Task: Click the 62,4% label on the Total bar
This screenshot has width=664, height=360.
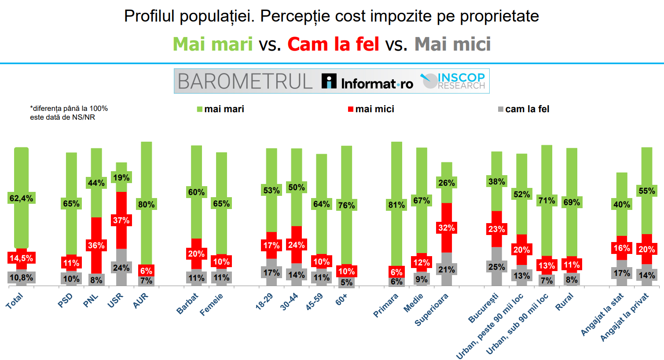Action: [x=21, y=198]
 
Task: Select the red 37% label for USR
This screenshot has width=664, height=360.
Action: [x=121, y=220]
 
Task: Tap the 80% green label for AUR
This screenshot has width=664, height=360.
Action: [x=146, y=204]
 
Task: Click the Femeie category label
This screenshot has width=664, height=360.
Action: [x=212, y=305]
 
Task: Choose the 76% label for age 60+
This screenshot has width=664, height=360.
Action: [x=346, y=205]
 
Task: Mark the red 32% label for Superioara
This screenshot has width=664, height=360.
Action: [x=446, y=228]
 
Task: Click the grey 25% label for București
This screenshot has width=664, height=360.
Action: [x=496, y=267]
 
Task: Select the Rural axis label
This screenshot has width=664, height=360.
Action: [x=565, y=302]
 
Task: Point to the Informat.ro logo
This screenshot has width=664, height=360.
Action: [x=367, y=82]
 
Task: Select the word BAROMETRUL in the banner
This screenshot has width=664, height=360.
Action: [x=245, y=81]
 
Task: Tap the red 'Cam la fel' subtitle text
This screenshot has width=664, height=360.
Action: [x=333, y=44]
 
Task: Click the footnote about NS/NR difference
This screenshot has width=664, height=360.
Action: [x=69, y=113]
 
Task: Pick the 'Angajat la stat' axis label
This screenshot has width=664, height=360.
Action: [x=602, y=314]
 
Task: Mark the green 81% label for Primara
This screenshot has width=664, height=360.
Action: [x=396, y=205]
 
